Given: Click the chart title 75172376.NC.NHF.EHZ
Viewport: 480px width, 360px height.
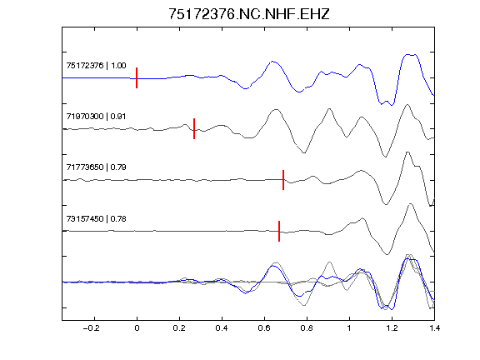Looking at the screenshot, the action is point(249,14).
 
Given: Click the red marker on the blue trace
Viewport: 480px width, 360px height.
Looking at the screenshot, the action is point(137,78).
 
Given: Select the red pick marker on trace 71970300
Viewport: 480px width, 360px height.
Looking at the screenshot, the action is point(194,129).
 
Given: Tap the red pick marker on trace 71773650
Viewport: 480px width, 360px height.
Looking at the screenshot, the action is point(283,180).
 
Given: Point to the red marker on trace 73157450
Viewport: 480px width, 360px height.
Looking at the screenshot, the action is point(279,231).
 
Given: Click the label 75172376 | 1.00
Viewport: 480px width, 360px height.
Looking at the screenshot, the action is point(96,66).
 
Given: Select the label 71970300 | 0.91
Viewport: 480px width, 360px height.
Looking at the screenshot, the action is point(96,117).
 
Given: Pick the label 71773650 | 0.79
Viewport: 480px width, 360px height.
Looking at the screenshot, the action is point(96,167).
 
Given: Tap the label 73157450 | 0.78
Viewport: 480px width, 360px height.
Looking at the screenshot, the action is point(96,219).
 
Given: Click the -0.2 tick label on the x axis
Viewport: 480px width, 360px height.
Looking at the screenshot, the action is point(92,328).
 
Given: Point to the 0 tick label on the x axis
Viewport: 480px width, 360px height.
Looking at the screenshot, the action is point(137,328).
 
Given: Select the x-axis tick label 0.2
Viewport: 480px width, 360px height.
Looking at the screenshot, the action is point(179,328).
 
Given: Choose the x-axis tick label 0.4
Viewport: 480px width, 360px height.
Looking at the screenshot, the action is point(222,328).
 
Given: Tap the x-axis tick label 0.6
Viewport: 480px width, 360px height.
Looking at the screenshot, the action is point(264,328).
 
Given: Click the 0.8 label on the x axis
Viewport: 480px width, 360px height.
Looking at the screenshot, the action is point(307,328).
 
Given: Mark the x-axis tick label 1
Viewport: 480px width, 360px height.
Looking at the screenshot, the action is point(349,328).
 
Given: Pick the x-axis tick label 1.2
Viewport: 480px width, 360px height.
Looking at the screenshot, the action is point(392,328).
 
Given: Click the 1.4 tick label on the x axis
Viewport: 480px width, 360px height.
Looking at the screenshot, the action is point(434,328).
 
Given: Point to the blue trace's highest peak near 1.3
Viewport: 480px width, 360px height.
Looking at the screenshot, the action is point(408,55).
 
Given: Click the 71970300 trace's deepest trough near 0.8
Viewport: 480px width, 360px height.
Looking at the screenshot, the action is point(303,152).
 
